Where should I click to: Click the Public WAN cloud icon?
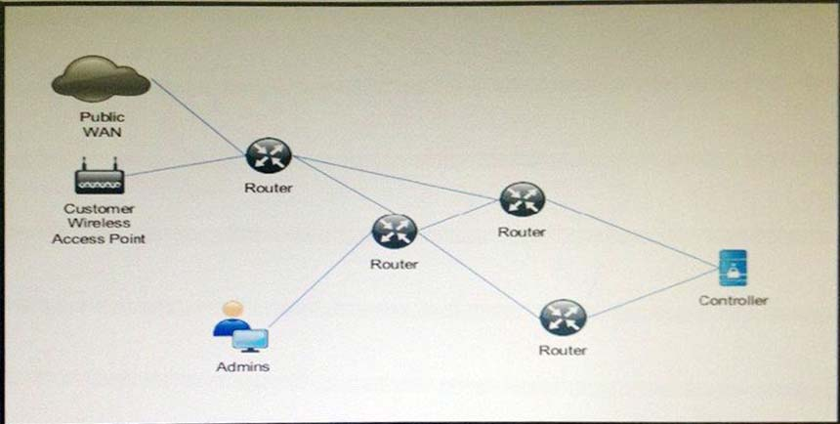click(x=101, y=79)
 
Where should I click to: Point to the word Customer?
click(x=99, y=208)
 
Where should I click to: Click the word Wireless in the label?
click(x=99, y=223)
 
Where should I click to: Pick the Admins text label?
click(x=242, y=367)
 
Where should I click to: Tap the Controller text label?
click(x=733, y=300)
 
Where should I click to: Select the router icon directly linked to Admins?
click(x=394, y=232)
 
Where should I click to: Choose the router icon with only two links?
click(x=563, y=318)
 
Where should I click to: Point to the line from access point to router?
click(x=186, y=166)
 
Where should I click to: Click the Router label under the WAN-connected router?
click(x=268, y=189)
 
